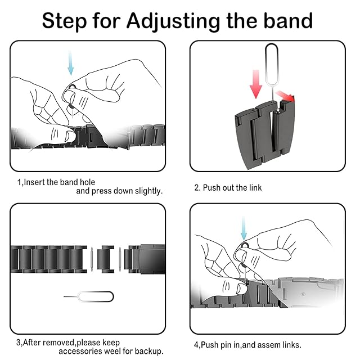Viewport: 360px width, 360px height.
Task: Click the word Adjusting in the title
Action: [174, 21]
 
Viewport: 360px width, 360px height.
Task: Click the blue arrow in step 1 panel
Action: [70, 63]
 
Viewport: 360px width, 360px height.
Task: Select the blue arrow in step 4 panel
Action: [244, 228]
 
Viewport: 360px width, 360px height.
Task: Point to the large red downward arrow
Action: [256, 84]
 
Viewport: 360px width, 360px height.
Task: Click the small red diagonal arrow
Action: [285, 96]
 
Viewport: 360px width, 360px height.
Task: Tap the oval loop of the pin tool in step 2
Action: [272, 64]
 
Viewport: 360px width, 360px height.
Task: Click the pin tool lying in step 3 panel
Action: [89, 296]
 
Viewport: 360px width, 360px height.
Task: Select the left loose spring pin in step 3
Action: [92, 259]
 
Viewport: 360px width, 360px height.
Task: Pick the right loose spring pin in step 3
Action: [120, 259]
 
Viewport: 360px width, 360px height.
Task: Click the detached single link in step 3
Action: [106, 259]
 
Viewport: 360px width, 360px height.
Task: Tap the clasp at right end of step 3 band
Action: [151, 259]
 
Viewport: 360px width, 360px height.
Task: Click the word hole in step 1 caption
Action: [87, 182]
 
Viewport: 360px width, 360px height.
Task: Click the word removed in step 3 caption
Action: [58, 343]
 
